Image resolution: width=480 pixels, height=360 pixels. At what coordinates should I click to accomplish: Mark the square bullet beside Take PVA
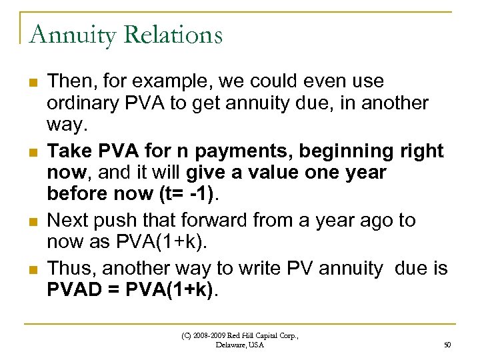click(x=32, y=152)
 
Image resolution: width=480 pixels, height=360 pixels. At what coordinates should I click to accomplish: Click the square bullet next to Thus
click(x=32, y=267)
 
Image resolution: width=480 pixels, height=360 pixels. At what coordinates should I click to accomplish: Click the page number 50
click(x=447, y=345)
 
